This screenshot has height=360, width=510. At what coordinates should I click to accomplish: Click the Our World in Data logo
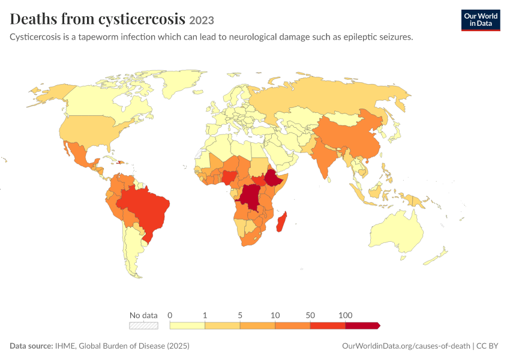(x=481, y=20)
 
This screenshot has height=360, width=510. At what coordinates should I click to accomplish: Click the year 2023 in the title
(x=202, y=20)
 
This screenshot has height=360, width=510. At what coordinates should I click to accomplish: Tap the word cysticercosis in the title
(x=142, y=19)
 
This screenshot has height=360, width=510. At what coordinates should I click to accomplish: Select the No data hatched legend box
(x=143, y=326)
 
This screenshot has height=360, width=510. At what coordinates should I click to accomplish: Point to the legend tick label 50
(x=310, y=315)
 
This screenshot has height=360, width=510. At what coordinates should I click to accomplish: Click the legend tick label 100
(x=345, y=315)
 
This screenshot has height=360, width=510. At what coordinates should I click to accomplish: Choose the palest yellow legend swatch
(x=187, y=326)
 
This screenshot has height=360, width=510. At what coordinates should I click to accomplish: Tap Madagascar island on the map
(x=281, y=222)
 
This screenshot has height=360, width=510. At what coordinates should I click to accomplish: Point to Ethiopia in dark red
(x=274, y=178)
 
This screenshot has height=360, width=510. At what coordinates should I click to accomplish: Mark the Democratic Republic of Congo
(x=250, y=197)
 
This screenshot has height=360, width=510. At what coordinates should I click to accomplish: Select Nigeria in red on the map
(x=229, y=177)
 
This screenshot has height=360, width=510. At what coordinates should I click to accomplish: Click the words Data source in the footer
(x=31, y=346)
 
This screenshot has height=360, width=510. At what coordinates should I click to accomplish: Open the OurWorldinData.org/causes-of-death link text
(x=406, y=346)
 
